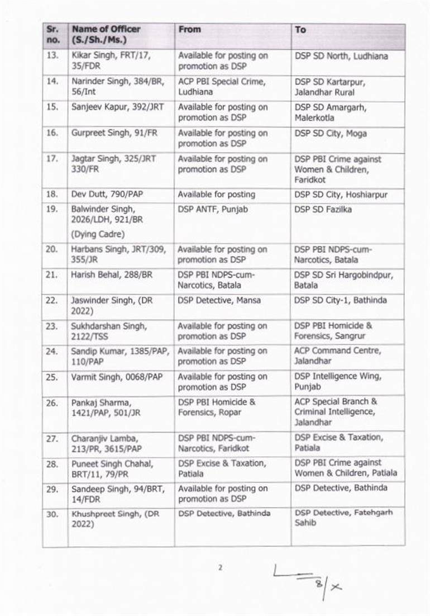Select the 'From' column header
(x=189, y=29)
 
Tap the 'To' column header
(x=300, y=29)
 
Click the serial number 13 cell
(x=51, y=56)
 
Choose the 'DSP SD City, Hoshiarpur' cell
(x=341, y=195)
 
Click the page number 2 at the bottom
(x=220, y=568)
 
